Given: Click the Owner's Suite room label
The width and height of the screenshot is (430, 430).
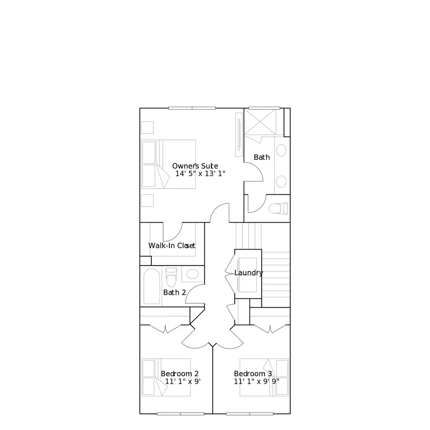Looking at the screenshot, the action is click(x=195, y=166).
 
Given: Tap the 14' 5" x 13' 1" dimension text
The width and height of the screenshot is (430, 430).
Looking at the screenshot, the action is click(x=200, y=174).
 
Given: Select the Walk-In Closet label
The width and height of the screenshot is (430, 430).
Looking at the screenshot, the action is click(x=172, y=245).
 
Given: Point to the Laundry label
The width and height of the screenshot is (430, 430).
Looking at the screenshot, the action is click(x=249, y=273).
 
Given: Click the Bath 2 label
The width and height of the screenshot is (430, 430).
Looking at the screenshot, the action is click(x=174, y=292).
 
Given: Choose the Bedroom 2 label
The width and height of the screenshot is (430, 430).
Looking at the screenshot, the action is click(x=180, y=374).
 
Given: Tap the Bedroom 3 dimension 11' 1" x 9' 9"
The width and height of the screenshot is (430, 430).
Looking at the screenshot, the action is click(x=256, y=382).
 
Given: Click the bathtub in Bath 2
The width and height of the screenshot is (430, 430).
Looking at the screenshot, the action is click(x=152, y=286).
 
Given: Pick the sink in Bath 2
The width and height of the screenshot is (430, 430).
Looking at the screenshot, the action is click(x=192, y=274).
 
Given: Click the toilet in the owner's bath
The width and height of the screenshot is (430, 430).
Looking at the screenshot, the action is click(x=278, y=208).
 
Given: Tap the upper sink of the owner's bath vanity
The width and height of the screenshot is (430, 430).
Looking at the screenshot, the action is click(x=281, y=150).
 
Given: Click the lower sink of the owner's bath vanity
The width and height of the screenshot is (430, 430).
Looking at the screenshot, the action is click(x=281, y=181).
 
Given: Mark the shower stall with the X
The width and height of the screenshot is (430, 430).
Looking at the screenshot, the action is click(x=260, y=122).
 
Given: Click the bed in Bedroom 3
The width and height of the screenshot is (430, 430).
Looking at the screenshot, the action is click(x=264, y=377).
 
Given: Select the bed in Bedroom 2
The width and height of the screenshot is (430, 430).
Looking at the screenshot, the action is click(x=166, y=377).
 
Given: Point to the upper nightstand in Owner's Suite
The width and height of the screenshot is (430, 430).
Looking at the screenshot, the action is click(x=147, y=128).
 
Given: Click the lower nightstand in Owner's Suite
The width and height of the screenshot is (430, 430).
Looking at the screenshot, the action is click(x=147, y=201).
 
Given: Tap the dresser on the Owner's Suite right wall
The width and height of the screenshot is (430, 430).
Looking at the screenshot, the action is click(x=239, y=135).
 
